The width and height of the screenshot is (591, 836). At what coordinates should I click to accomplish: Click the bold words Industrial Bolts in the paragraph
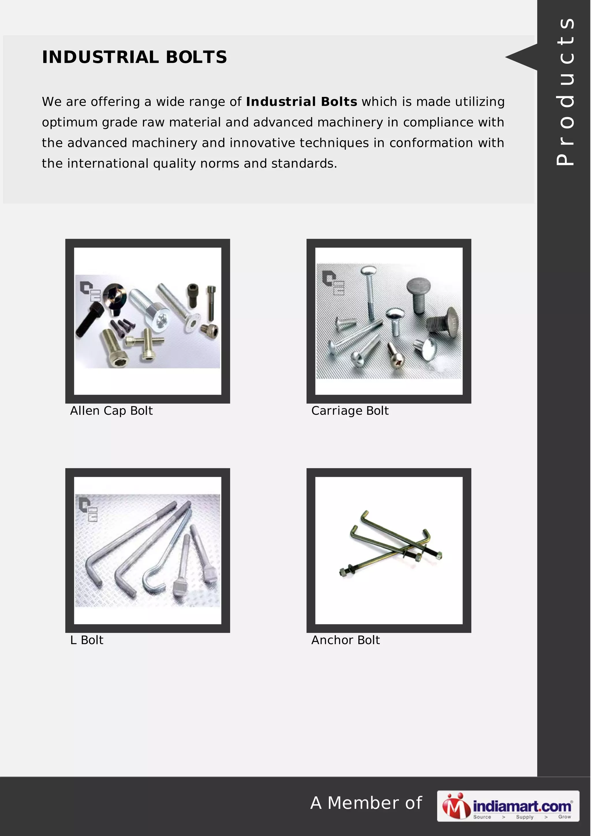[302, 102]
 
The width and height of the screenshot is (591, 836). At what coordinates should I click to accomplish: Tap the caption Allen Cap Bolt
[111, 411]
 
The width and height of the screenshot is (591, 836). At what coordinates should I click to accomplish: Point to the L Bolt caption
[87, 640]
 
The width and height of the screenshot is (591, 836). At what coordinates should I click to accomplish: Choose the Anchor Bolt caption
[345, 640]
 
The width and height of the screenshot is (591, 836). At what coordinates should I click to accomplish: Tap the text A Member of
[366, 803]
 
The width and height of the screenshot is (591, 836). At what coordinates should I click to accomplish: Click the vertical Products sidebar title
[565, 91]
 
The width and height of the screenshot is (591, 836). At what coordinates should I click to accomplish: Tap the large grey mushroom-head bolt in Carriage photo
[420, 295]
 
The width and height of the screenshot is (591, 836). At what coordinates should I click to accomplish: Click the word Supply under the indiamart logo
[524, 817]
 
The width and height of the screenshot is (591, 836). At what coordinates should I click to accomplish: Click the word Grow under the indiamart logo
[564, 817]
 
